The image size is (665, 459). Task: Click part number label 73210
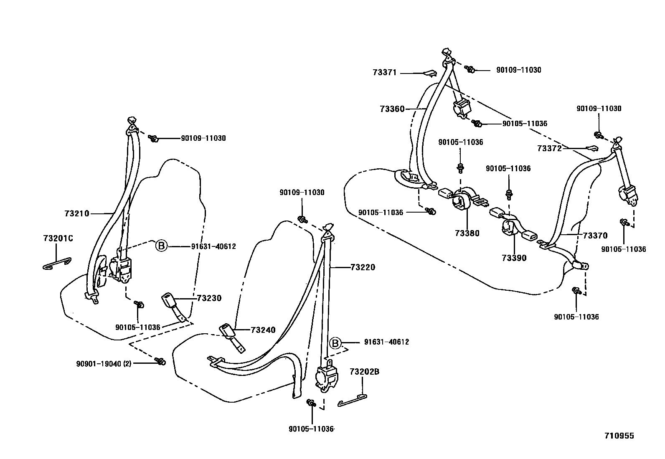pos(77,213)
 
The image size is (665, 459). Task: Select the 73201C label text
pos(58,238)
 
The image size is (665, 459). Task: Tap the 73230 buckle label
pos(209,298)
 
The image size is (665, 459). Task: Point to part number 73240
pos(263,330)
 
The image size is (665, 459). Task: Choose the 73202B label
pos(364,371)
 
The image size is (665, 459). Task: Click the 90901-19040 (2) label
pos(104,364)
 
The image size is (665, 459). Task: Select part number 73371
pos(384,72)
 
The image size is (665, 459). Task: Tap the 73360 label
pos(392,109)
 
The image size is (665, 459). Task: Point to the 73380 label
pos(467,233)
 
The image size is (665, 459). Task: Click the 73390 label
pos(514,258)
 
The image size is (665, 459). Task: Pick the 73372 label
pos(549,148)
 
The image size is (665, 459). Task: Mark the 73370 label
pos(595,236)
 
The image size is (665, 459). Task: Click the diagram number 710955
pos(619,436)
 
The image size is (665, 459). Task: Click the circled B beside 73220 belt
pos(335,343)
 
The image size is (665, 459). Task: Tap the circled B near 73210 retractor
pos(161,246)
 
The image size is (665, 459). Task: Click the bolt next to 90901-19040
pos(160,361)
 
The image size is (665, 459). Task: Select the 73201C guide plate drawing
pos(57,264)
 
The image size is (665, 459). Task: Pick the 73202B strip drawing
pos(352,400)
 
